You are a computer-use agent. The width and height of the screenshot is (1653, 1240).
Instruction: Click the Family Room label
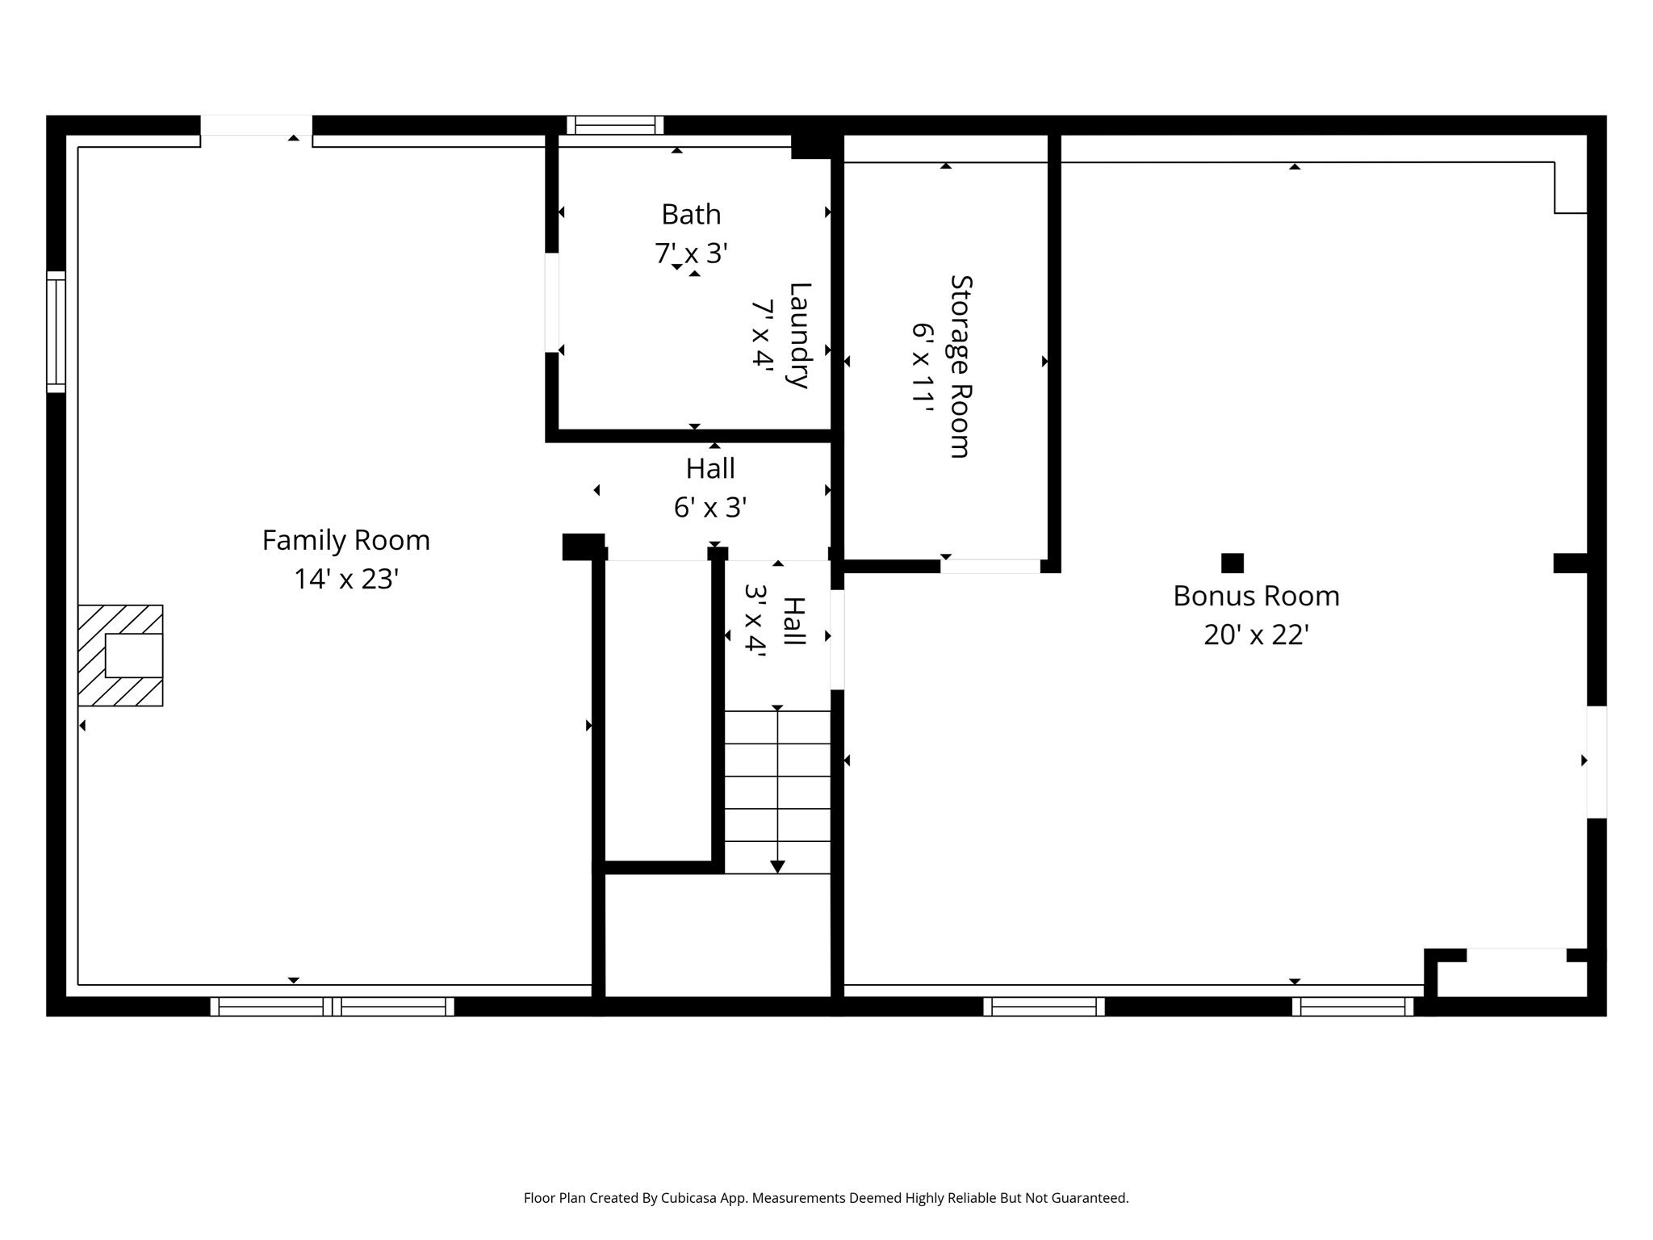click(x=345, y=540)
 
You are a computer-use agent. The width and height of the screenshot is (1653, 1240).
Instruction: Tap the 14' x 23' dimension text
click(x=345, y=580)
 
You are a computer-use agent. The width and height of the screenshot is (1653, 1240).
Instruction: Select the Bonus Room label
click(x=1255, y=596)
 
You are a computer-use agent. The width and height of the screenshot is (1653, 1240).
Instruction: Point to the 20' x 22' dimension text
click(x=1255, y=635)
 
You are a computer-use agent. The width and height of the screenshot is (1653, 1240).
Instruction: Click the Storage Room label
click(x=960, y=367)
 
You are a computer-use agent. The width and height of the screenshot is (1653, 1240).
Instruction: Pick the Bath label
click(x=691, y=215)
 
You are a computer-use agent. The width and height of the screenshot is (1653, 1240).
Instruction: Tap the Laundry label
click(x=798, y=335)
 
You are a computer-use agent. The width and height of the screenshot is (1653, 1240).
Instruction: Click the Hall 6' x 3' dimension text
click(x=709, y=508)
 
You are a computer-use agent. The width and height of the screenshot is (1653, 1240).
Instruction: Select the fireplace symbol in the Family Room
click(x=121, y=656)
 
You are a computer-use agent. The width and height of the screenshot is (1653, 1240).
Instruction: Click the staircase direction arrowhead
click(x=777, y=866)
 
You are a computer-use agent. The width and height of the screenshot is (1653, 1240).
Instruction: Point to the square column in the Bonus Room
click(x=1232, y=563)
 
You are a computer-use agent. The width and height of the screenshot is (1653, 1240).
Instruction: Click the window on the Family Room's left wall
click(x=56, y=332)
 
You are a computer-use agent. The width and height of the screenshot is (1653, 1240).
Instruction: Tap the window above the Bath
click(x=614, y=125)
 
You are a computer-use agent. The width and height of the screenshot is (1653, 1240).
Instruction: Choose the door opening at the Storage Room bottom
click(x=990, y=566)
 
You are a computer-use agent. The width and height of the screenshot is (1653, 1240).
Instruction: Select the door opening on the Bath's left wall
click(x=552, y=303)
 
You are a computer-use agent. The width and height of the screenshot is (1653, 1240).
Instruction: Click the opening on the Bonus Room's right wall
click(x=1596, y=762)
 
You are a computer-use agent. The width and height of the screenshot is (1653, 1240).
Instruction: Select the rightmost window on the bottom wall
click(x=1352, y=1006)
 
